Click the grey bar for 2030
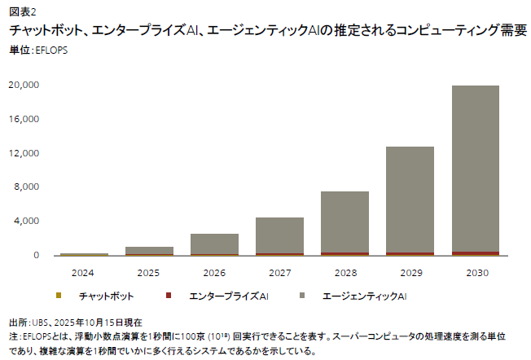[476, 169]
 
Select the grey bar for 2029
[410, 200]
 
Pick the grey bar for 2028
[344, 222]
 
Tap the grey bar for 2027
[279, 235]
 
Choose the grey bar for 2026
[214, 244]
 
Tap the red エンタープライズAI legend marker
[167, 295]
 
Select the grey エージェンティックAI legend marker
[303, 295]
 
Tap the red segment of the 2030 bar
[476, 253]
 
